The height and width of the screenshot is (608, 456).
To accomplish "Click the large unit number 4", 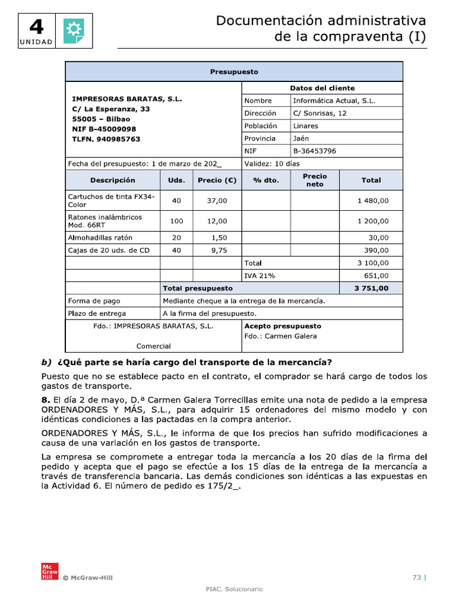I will (x=36, y=27).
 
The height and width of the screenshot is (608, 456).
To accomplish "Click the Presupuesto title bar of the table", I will (x=234, y=72).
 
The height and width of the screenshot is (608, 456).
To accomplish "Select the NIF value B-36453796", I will (x=315, y=151).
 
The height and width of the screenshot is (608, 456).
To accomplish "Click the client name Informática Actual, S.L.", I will (x=334, y=101).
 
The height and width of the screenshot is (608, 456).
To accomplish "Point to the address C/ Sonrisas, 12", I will (x=320, y=113).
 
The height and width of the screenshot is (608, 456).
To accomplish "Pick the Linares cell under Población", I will (x=306, y=126).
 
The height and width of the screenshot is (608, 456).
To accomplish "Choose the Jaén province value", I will (x=302, y=138).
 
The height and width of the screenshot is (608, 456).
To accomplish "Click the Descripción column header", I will (x=113, y=180).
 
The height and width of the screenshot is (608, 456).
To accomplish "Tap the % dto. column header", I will (x=265, y=180).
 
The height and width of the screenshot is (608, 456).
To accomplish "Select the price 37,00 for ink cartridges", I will (x=217, y=201).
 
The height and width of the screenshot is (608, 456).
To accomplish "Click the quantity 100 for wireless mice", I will (x=176, y=221).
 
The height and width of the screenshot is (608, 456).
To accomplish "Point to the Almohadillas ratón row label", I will (x=99, y=237).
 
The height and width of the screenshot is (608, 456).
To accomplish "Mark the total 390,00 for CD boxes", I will (x=376, y=251).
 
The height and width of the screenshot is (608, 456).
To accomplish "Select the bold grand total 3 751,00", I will (x=372, y=289).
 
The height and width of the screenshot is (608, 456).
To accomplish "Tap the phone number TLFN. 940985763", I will (x=106, y=139).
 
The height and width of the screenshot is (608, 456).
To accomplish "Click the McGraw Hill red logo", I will (x=47, y=571).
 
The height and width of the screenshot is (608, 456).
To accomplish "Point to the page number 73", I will (x=416, y=577).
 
